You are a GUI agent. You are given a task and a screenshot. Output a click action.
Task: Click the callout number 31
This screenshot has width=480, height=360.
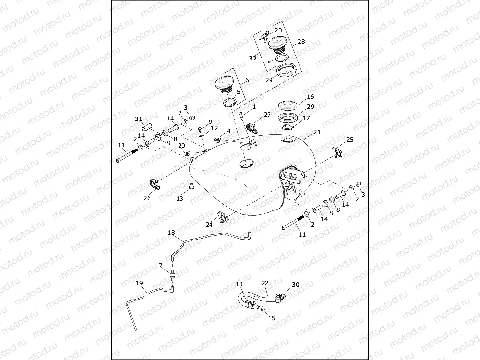pyautogui.click(x=139, y=119)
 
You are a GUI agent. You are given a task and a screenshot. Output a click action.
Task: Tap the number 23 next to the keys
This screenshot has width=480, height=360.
pyautogui.click(x=278, y=30)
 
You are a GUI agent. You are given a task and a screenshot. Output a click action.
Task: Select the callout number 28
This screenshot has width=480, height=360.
pyautogui.click(x=301, y=42)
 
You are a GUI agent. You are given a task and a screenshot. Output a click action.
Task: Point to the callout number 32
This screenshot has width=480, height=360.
pyautogui.click(x=252, y=58)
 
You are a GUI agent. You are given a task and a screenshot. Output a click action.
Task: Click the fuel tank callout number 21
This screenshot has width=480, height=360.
pyautogui.click(x=317, y=132)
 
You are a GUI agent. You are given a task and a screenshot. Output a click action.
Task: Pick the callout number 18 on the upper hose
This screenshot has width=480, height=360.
pyautogui.click(x=171, y=232)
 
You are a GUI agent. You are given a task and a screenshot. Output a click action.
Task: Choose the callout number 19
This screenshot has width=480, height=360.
pyautogui.click(x=139, y=283)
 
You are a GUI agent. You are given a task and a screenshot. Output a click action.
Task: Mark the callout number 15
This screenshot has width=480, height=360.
pyautogui.click(x=271, y=318)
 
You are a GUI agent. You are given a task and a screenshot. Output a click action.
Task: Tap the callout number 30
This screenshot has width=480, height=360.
pyautogui.click(x=295, y=285)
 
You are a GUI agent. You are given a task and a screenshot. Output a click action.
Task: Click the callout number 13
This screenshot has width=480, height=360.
pyautogui.click(x=180, y=198)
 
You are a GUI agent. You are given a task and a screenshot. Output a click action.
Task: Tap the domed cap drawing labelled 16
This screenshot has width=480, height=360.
pyautogui.click(x=289, y=106)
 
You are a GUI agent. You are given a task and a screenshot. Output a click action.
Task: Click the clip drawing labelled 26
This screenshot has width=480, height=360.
pyautogui.click(x=154, y=185)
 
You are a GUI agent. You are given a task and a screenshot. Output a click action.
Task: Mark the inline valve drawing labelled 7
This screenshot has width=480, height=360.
pyautogui.click(x=173, y=274)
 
